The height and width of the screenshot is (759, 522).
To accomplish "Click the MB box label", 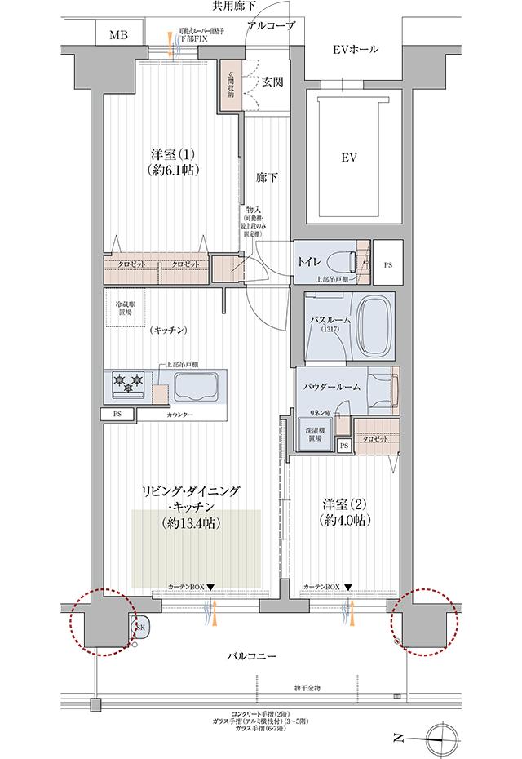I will click(119, 35).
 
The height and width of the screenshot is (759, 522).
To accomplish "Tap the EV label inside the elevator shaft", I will click(349, 155).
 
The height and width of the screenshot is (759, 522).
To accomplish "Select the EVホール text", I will click(356, 50).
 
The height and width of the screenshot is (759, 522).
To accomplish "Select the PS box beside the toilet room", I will click(387, 264).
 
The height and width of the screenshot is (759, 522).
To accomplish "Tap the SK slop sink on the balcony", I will click(139, 627).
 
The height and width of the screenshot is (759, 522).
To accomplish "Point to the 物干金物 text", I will click(307, 689).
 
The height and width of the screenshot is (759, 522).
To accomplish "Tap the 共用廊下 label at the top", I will click(234, 7).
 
